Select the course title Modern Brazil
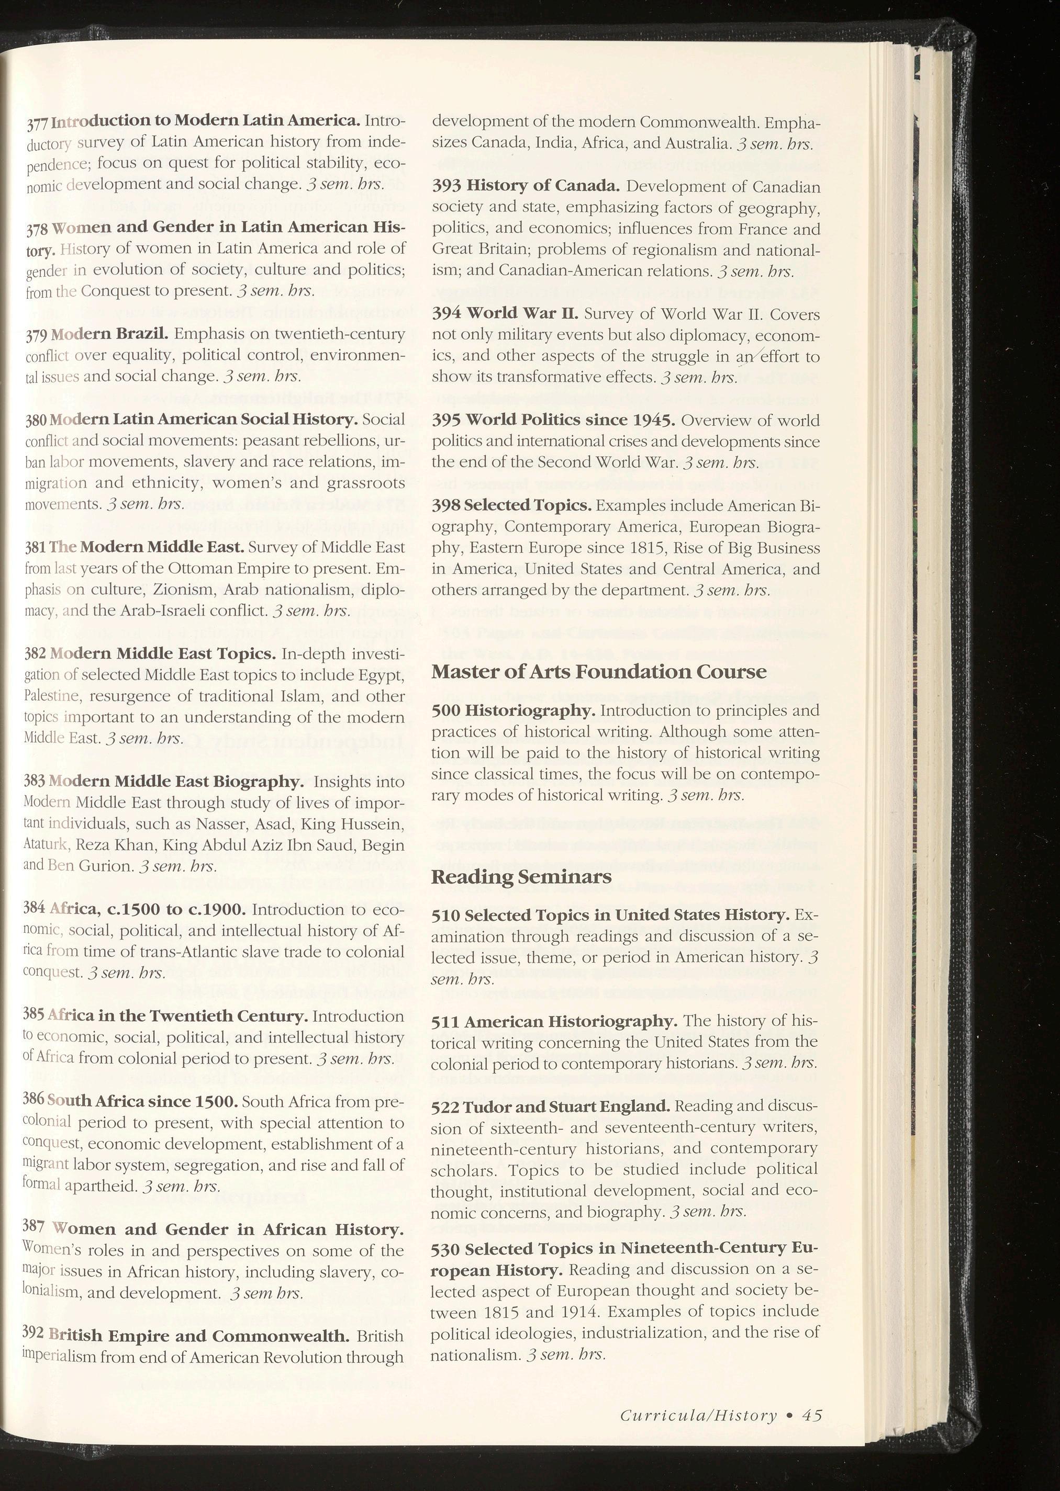pyautogui.click(x=109, y=334)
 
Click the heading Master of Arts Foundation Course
pyautogui.click(x=598, y=672)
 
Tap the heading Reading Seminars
pyautogui.click(x=521, y=877)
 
